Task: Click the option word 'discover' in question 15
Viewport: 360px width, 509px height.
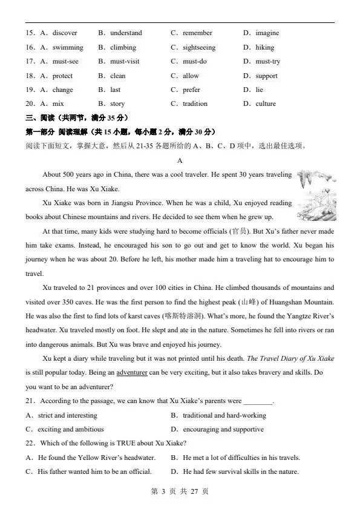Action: tap(65, 33)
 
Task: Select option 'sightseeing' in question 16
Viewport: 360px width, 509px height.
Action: tap(198, 47)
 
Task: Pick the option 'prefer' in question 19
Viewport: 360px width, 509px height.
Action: tap(191, 90)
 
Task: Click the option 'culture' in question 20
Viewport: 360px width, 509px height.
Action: tap(265, 103)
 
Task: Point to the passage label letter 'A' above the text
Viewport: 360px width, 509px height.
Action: tap(180, 160)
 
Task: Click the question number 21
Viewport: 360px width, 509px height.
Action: tap(30, 401)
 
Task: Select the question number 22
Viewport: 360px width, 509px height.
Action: tap(30, 444)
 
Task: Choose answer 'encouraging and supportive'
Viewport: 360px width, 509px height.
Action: tap(223, 429)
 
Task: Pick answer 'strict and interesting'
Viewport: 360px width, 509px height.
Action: tap(67, 415)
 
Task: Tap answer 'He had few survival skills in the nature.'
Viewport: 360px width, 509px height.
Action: tap(240, 471)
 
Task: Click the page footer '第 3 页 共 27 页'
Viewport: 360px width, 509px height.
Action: tap(180, 491)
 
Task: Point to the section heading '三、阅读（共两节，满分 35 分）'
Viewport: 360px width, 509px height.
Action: tap(76, 117)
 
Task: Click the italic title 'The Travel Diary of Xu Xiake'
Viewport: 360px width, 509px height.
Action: tap(290, 358)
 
